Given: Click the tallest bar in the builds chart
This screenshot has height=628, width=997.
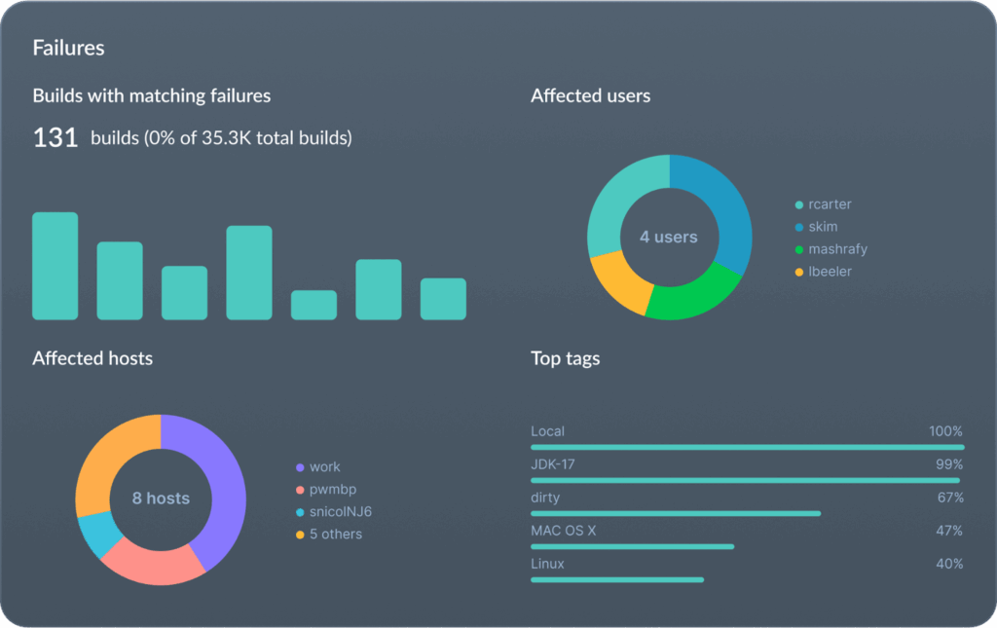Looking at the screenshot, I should click(55, 266).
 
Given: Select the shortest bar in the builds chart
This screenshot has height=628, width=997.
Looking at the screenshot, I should click(314, 305).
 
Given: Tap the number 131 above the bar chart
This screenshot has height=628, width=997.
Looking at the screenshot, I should click(55, 138).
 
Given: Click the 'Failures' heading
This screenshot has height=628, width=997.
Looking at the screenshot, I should click(68, 47).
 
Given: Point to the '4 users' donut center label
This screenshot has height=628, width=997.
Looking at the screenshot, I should click(669, 237).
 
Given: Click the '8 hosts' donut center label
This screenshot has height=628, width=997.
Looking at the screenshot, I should click(161, 499).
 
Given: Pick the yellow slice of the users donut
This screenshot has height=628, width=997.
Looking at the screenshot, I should click(615, 279).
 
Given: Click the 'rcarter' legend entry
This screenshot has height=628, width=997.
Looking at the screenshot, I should click(830, 204).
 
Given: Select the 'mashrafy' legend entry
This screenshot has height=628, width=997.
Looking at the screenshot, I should click(837, 249).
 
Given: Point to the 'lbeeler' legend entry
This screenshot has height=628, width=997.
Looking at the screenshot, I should click(830, 272).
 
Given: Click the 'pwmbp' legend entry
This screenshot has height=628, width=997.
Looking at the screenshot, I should click(333, 490).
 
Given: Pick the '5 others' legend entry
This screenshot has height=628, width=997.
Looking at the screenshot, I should click(336, 535).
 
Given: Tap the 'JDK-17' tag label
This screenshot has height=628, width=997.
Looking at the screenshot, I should click(553, 464).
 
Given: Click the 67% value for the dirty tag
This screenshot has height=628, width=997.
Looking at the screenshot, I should click(949, 498).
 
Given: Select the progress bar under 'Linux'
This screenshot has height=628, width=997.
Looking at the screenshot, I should click(617, 579).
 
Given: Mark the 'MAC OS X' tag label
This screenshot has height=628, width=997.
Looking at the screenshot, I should click(564, 531).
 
